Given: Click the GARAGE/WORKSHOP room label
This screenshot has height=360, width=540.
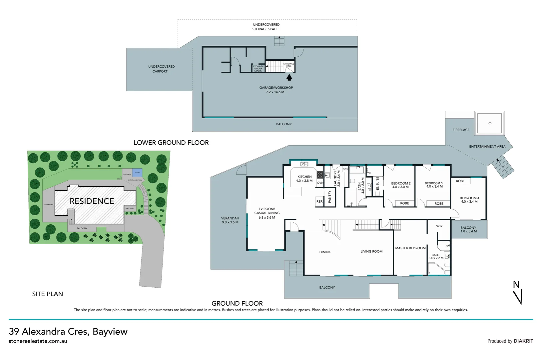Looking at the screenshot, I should click(x=276, y=88).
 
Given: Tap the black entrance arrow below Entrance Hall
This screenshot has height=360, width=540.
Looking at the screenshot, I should click(x=289, y=77).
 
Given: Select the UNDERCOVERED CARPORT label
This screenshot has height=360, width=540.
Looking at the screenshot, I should click(x=161, y=69).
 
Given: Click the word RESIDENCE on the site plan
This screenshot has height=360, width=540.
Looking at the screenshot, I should click(x=92, y=201).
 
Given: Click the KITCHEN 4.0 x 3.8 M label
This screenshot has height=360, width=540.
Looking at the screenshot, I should click(x=304, y=179).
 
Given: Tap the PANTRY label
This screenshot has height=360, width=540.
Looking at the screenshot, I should click(x=330, y=197).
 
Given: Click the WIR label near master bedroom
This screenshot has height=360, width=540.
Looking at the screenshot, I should click(x=439, y=226).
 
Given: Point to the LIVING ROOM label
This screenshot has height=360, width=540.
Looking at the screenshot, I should click(x=371, y=252).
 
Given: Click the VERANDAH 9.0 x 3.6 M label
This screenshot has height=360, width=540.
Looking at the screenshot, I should click(x=230, y=220).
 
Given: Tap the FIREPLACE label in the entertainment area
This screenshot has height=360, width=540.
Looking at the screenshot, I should click(x=461, y=130).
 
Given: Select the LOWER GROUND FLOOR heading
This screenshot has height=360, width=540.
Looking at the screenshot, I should click(x=171, y=143).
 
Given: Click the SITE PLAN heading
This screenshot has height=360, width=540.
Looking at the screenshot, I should click(x=47, y=294).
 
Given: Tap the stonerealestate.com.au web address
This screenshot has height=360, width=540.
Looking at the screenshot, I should click(x=38, y=341).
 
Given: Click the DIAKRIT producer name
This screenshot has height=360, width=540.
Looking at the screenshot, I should click(x=523, y=341).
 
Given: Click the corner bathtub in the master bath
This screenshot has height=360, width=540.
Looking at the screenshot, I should click(x=435, y=269).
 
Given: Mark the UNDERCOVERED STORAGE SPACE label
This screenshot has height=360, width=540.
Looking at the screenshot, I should click(x=266, y=27).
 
